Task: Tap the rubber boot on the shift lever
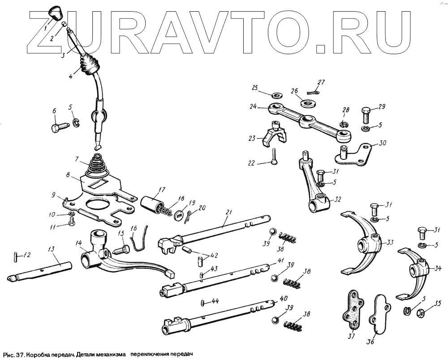(90, 64)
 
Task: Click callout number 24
(253, 107)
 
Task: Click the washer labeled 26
(307, 103)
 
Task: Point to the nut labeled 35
(421, 312)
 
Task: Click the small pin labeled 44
(203, 303)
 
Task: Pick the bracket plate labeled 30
(357, 154)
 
